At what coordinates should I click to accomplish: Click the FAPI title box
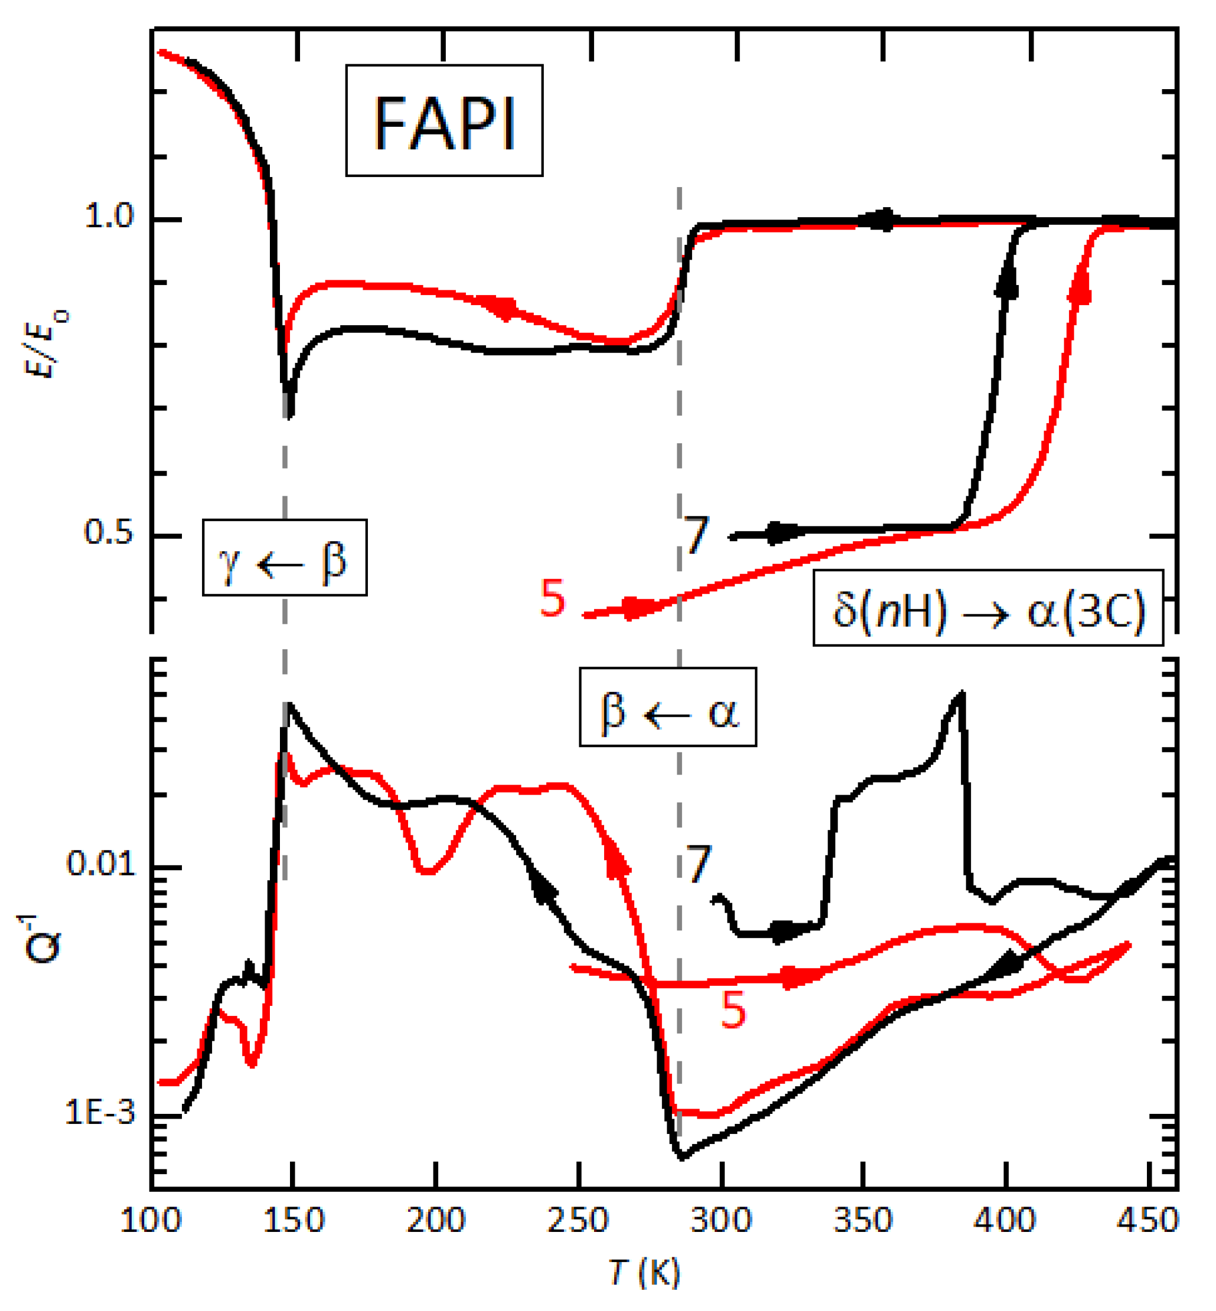point(444,120)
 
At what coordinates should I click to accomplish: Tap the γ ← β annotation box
point(284,558)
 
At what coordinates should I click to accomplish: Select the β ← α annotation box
point(667,707)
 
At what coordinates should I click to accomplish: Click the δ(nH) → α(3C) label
point(987,608)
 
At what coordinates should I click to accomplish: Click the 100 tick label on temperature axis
point(150,1220)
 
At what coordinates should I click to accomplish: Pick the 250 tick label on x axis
point(578,1220)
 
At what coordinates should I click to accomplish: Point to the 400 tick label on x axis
point(1005,1220)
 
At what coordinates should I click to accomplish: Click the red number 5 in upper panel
point(552,598)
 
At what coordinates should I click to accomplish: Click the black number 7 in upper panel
point(696,534)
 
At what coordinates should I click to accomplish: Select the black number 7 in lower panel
point(698,863)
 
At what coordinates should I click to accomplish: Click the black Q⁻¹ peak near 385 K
point(962,694)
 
